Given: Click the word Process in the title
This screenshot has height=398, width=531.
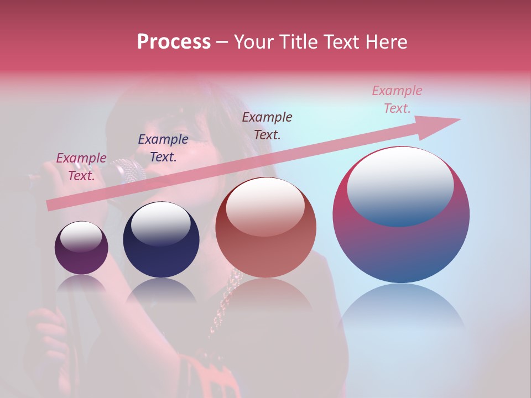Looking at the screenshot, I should click(x=174, y=42).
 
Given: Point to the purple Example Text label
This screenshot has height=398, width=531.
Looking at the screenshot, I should click(x=81, y=166).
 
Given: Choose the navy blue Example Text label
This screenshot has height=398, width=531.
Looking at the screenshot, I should click(x=163, y=148).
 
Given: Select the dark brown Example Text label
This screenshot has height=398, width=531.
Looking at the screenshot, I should click(x=267, y=125).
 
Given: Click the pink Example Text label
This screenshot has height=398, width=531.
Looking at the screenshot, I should click(x=397, y=99).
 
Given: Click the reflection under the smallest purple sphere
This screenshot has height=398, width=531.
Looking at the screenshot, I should click(x=81, y=285).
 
